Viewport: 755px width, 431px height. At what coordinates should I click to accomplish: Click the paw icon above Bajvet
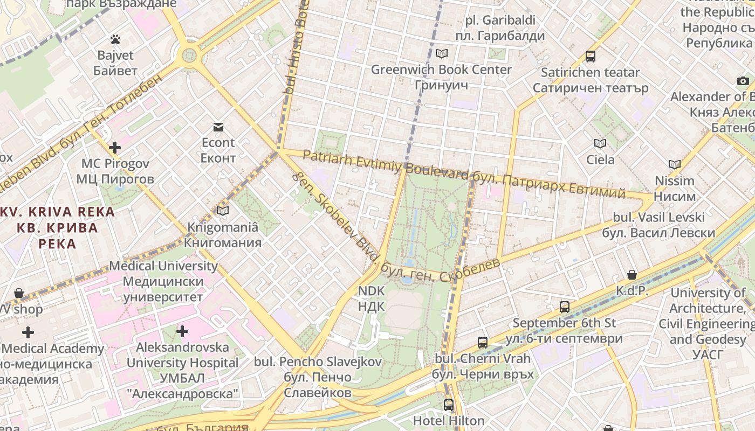[x=115, y=39]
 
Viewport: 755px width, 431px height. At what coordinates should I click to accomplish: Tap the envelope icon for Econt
[x=218, y=127]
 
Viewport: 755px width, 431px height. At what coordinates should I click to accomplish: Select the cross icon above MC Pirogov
[x=115, y=147]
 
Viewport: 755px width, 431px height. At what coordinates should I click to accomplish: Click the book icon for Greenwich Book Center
[x=442, y=53]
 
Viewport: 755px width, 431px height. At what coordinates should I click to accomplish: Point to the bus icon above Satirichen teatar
[x=591, y=56]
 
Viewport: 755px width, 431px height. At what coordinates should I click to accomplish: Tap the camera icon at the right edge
[x=743, y=81]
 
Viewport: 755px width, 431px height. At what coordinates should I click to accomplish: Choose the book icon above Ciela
[x=600, y=143]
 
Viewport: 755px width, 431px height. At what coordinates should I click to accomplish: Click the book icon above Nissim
[x=675, y=164]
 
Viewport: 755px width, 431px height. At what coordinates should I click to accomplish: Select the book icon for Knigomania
[x=223, y=211]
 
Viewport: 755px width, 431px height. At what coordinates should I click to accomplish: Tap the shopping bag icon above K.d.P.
[x=632, y=275]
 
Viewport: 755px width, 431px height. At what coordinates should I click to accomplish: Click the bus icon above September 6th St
[x=565, y=307]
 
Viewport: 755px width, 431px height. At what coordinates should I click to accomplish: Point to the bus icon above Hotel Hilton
[x=449, y=405]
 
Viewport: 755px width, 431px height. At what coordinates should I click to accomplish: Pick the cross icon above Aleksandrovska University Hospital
[x=182, y=331]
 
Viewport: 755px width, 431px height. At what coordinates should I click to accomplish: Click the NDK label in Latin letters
[x=372, y=291]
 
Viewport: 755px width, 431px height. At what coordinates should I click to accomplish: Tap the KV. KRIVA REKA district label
[x=58, y=212]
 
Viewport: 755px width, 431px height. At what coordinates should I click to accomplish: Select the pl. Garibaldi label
[x=500, y=20]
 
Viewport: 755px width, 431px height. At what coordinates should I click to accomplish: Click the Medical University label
[x=163, y=266]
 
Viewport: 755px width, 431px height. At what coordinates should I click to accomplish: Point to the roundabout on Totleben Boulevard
[x=189, y=55]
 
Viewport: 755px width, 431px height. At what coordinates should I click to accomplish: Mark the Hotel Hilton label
[x=449, y=421]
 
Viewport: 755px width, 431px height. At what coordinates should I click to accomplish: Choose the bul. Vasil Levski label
[x=658, y=218]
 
